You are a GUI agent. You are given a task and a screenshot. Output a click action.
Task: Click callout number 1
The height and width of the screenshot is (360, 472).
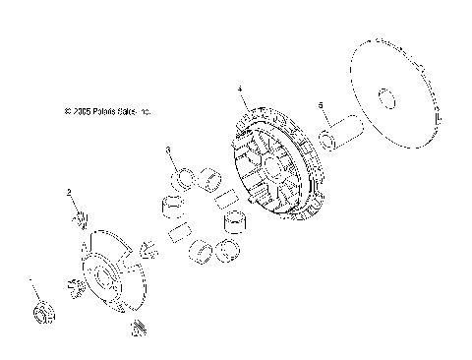[30, 280]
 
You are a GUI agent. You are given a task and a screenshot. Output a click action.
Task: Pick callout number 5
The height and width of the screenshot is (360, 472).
[321, 104]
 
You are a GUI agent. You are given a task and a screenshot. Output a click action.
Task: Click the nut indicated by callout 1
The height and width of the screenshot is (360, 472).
[42, 314]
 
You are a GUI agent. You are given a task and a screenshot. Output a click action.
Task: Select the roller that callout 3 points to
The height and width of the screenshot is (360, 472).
[182, 178]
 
